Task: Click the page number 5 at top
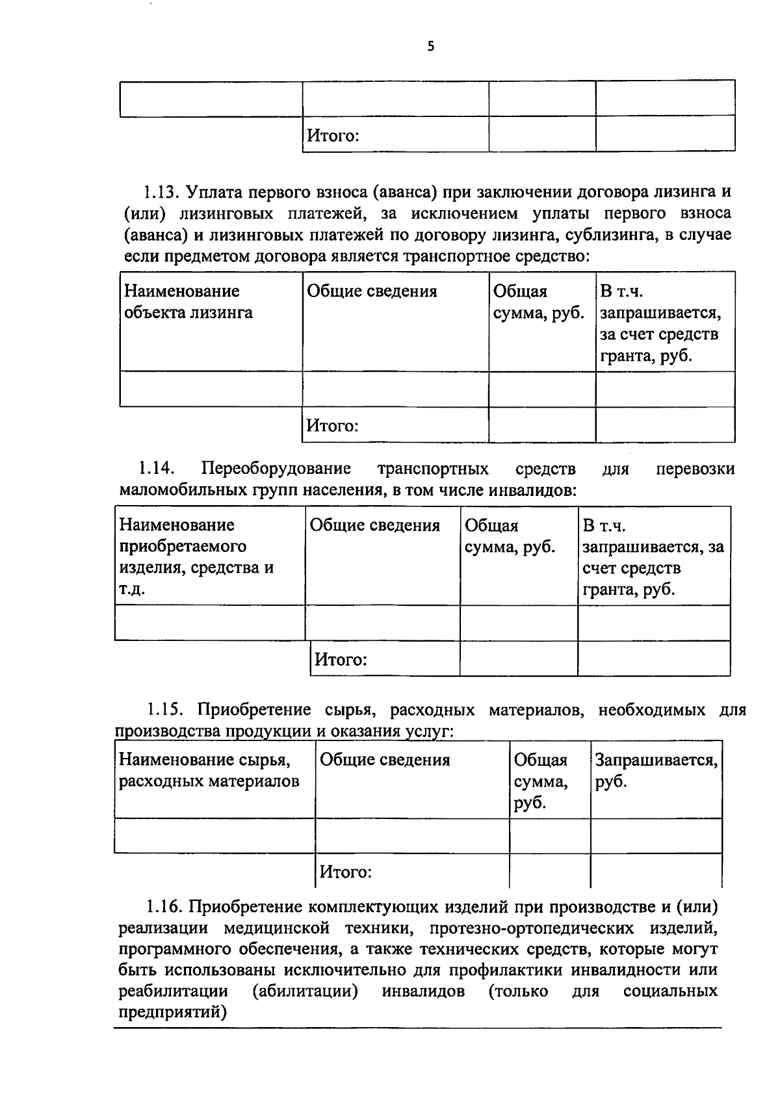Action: [x=431, y=46]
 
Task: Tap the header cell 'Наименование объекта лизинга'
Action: [x=188, y=302]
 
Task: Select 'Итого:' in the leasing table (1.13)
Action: [x=333, y=426]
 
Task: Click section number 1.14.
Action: [x=156, y=468]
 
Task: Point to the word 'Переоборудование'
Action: [x=276, y=468]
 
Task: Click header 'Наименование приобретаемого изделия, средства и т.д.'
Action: [x=196, y=556]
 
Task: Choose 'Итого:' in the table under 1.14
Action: [x=341, y=660]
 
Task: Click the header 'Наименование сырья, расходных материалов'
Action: [x=209, y=770]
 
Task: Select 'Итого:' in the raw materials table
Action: [x=345, y=872]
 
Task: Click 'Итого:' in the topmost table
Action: [x=333, y=136]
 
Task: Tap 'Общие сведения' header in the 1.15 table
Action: [x=385, y=760]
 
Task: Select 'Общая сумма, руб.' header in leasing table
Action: [x=538, y=302]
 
